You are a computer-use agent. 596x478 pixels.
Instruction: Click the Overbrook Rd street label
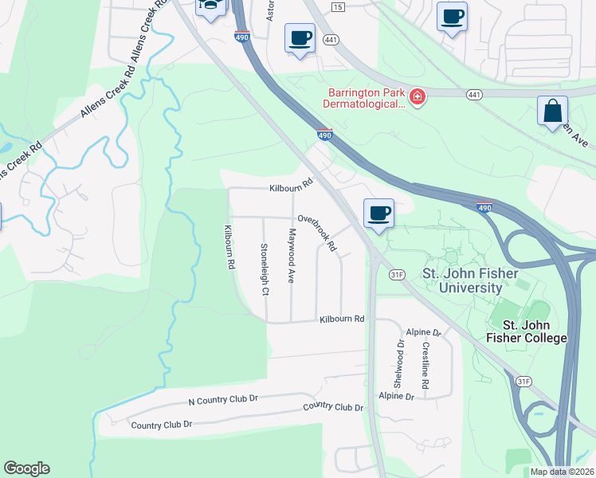[x=318, y=233]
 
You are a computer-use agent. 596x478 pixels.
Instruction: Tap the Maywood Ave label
[x=292, y=257]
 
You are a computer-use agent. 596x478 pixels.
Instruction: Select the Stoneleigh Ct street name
[x=264, y=269]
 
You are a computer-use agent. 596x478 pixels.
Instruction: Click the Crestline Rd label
[x=426, y=366]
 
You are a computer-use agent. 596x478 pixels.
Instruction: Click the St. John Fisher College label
[x=535, y=331]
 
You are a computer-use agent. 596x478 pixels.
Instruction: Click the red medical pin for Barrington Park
[x=417, y=98]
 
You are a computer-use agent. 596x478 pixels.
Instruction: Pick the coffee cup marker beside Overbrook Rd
[x=379, y=213]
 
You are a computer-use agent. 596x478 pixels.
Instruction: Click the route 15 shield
[x=338, y=7]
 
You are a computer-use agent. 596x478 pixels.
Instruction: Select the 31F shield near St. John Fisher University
[x=398, y=274]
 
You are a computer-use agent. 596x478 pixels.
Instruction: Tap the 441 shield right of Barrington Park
[x=475, y=94]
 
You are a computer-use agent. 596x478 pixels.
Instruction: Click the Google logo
[x=26, y=468]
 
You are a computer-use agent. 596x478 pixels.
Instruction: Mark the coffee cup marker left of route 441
[x=300, y=37]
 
